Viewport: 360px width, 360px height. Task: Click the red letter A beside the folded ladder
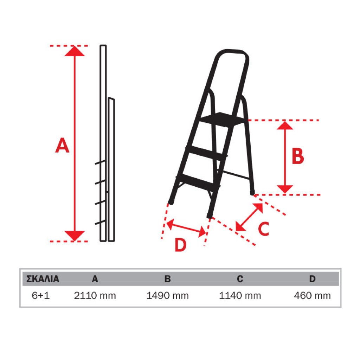point(62,145)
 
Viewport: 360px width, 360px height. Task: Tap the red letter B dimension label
point(298,156)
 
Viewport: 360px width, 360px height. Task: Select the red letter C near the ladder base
point(263,229)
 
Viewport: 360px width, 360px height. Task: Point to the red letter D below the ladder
point(181,245)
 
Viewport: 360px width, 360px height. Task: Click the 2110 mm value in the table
point(95,295)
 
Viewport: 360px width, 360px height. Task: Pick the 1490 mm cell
point(167,295)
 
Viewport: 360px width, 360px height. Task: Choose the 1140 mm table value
point(240,295)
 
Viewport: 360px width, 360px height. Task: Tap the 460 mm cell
point(312,295)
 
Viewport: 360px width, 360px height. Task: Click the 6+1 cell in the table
point(41,295)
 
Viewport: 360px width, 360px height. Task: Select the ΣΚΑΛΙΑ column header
point(43,279)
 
